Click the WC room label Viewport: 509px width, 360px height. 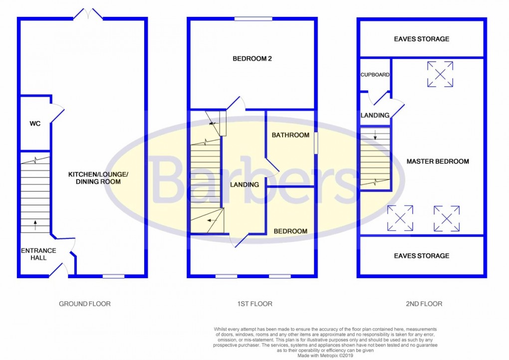coord(34,123)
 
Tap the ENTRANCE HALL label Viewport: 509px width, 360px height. coord(38,254)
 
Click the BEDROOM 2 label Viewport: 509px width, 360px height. coord(252,58)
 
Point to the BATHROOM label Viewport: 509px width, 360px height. coord(290,135)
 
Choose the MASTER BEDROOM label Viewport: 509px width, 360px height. coord(438,162)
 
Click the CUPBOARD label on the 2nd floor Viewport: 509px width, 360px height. coord(375,75)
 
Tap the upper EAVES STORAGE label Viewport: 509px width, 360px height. coord(422,39)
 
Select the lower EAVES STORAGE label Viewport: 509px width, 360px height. coord(422,256)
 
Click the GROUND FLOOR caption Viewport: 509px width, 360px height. coord(85,304)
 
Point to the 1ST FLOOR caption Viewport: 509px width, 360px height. coord(253,304)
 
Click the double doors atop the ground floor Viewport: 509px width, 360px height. coord(88,14)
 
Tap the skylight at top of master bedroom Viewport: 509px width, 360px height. coord(440,74)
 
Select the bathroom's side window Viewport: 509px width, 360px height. coord(315,143)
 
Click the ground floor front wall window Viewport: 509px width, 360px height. coord(113,276)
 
